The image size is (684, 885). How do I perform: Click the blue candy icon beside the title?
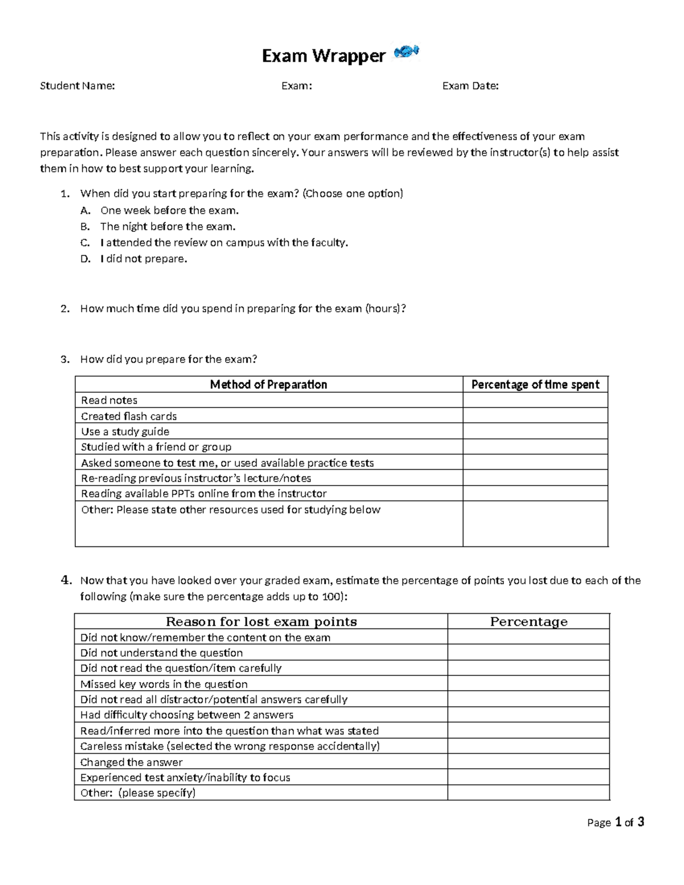point(406,51)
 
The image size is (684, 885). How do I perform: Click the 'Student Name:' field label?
point(77,86)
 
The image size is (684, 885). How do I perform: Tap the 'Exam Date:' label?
point(470,86)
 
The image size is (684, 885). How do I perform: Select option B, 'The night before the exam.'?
point(168,226)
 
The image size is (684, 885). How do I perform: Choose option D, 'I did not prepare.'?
point(143,259)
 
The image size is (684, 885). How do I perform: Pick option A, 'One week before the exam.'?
point(169,210)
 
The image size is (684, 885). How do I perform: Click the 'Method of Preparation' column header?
point(268,385)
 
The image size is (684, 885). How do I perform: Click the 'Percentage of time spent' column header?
point(535,385)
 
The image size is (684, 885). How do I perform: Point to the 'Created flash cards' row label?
point(129,416)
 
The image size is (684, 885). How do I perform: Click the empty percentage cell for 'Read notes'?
point(535,401)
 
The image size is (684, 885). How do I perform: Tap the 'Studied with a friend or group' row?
point(156,447)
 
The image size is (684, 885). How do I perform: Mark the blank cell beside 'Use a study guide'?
point(535,431)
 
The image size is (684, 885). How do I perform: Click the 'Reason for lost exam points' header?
point(261,622)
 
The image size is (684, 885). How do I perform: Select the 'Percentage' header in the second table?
point(528,622)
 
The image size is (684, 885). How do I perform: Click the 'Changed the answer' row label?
point(132,762)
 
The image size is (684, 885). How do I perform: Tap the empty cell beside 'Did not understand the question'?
point(528,653)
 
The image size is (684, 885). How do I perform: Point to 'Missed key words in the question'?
point(164,684)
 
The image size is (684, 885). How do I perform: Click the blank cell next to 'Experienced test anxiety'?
point(528,777)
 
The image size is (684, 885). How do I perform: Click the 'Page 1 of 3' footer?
point(616,822)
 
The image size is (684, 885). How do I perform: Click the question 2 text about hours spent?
point(243,309)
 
